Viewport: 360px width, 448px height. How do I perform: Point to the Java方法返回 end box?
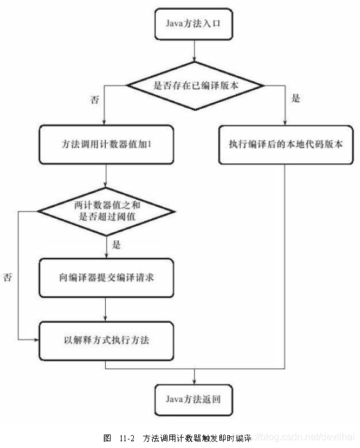coord(195,399)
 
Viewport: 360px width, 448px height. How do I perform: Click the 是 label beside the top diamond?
coord(295,98)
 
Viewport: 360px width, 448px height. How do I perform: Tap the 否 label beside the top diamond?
coord(95,98)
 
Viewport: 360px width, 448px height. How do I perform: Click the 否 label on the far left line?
coord(8,277)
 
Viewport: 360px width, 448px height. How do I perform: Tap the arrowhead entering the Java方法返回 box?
coord(195,380)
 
